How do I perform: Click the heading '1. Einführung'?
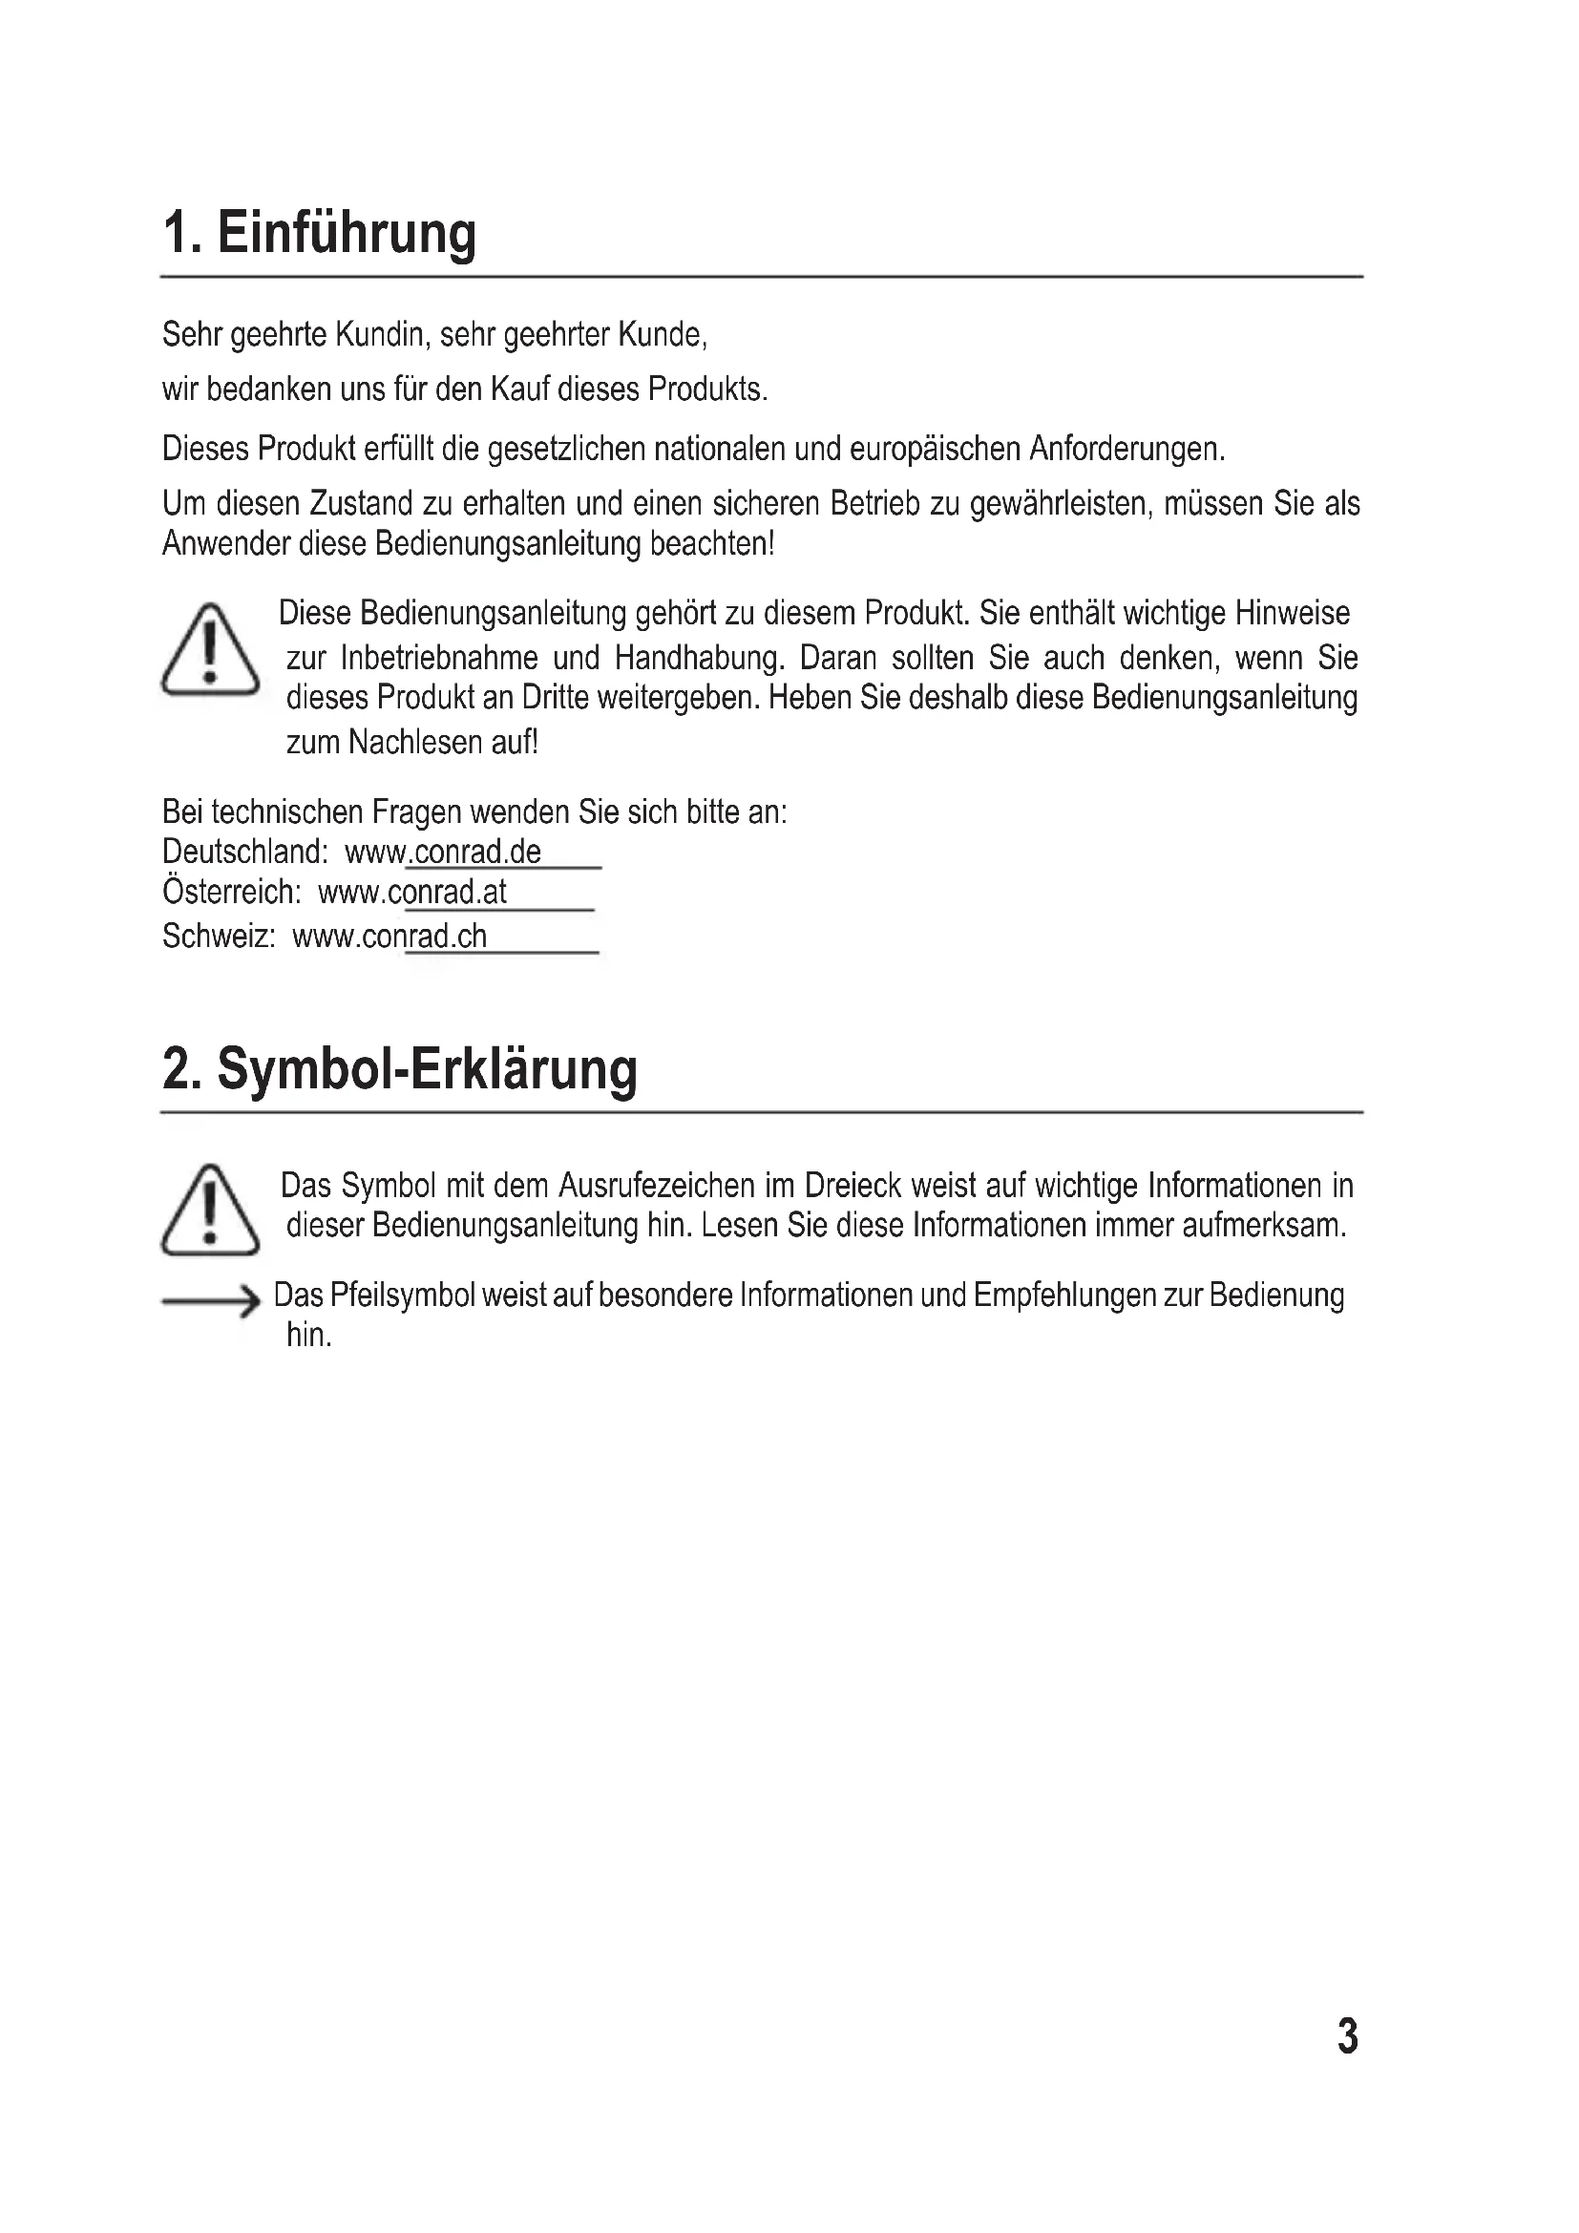[x=319, y=233]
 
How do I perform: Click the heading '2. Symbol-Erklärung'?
[x=400, y=1069]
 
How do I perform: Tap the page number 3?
[x=1348, y=2035]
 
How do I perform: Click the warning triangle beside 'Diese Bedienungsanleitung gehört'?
[x=210, y=650]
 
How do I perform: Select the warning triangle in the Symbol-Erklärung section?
[x=210, y=1210]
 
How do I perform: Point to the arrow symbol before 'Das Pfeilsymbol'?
[x=210, y=1301]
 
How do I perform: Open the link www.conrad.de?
[x=443, y=852]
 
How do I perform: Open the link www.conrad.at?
[x=413, y=892]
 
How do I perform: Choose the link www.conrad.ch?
[x=389, y=936]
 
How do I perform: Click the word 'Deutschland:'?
[x=245, y=852]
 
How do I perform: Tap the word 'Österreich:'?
[x=231, y=892]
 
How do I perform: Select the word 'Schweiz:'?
[x=219, y=936]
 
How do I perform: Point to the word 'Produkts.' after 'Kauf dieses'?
[x=707, y=389]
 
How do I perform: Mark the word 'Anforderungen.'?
[x=1126, y=449]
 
